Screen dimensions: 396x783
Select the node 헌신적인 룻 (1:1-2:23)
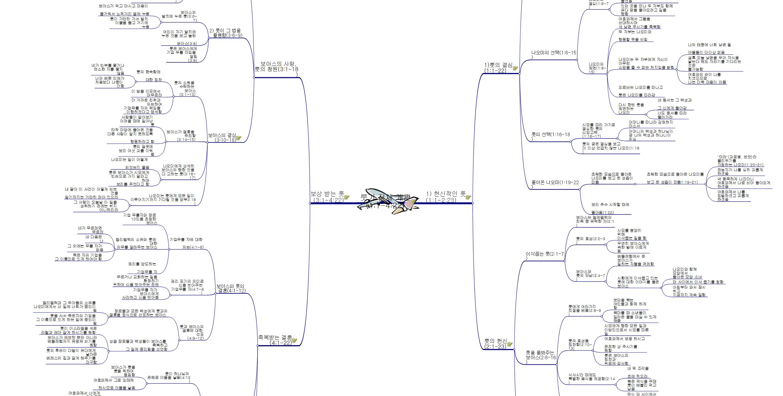[446, 197]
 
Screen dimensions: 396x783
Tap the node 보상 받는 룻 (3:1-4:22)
[327, 197]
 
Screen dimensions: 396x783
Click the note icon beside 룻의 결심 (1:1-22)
[515, 68]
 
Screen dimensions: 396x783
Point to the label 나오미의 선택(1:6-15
[554, 53]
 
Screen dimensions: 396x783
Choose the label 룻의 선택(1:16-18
[550, 134]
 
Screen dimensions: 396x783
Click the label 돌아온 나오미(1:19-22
[555, 182]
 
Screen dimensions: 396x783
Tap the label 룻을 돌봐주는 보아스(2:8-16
[541, 355]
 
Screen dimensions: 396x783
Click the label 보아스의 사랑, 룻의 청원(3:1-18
[276, 66]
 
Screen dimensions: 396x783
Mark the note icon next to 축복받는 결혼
[294, 340]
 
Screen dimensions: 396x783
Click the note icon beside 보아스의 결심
[239, 138]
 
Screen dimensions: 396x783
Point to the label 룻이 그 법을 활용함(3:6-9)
[225, 33]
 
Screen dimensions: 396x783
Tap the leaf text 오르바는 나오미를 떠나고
[640, 87]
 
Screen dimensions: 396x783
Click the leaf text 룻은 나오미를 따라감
[637, 95]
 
